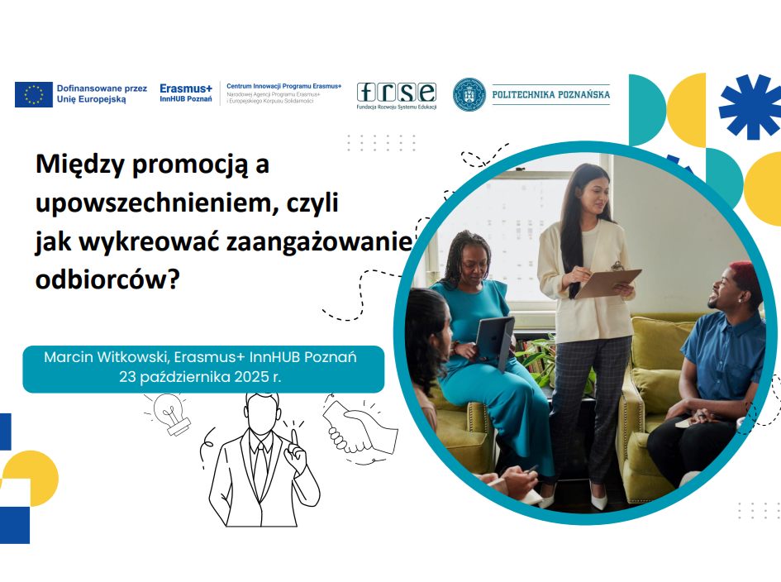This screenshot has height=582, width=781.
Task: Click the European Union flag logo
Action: click(x=34, y=94)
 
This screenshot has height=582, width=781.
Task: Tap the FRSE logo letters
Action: click(x=397, y=93)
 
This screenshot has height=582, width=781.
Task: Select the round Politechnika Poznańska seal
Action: click(x=469, y=94)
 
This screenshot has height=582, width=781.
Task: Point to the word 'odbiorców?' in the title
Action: click(x=107, y=279)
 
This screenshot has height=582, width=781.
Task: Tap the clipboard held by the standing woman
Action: click(x=608, y=282)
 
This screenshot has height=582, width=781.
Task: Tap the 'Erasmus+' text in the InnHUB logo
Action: click(x=186, y=88)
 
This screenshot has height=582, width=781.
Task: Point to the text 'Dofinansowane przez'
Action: click(x=102, y=88)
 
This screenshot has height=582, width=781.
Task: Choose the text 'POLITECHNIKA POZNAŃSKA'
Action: click(x=551, y=94)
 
